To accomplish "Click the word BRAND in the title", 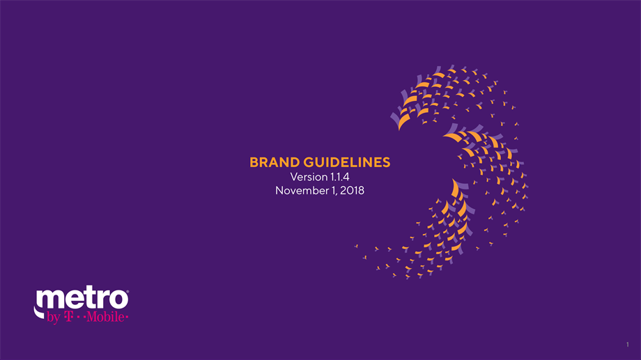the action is click(x=275, y=163).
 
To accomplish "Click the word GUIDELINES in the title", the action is click(x=347, y=163).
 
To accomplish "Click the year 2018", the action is click(x=352, y=190).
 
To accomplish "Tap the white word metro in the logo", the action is click(x=82, y=299).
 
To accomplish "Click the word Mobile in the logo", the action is click(x=105, y=317).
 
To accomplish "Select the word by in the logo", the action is click(x=54, y=318).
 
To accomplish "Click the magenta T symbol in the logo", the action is click(x=69, y=317).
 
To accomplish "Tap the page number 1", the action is click(x=628, y=345).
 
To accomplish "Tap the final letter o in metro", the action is click(x=118, y=300).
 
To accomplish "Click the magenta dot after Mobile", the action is click(x=127, y=317).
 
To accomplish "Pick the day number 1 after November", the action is click(x=332, y=190).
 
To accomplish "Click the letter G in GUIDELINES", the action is click(x=309, y=163).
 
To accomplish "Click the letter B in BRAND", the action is click(x=254, y=163).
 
